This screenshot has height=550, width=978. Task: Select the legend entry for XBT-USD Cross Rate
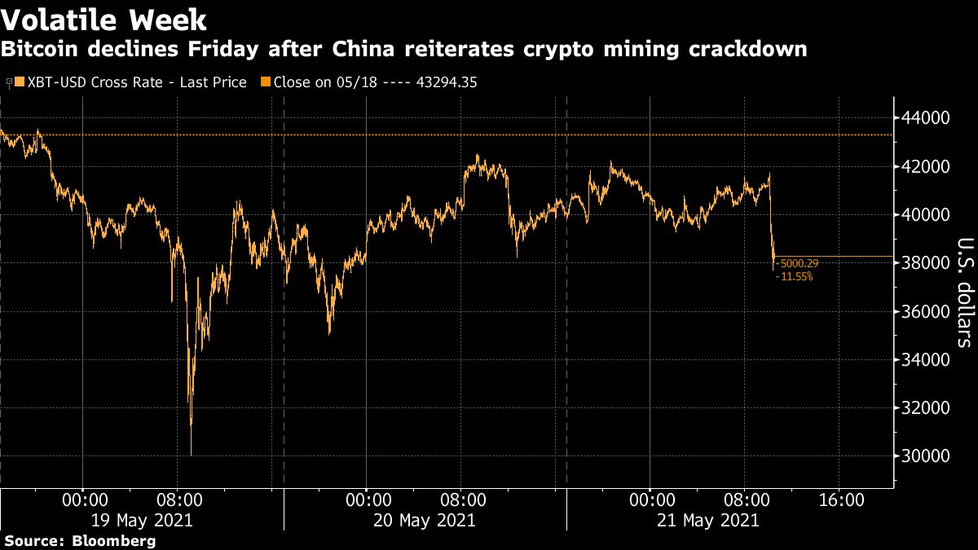pyautogui.click(x=130, y=82)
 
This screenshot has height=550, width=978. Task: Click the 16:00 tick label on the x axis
pyautogui.click(x=840, y=499)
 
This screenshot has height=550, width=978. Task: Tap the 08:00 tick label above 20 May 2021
pyautogui.click(x=460, y=499)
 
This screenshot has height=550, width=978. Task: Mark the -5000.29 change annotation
pyautogui.click(x=800, y=264)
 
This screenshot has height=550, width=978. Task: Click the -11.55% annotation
pyautogui.click(x=796, y=277)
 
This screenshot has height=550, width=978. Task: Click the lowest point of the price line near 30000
pyautogui.click(x=191, y=455)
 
